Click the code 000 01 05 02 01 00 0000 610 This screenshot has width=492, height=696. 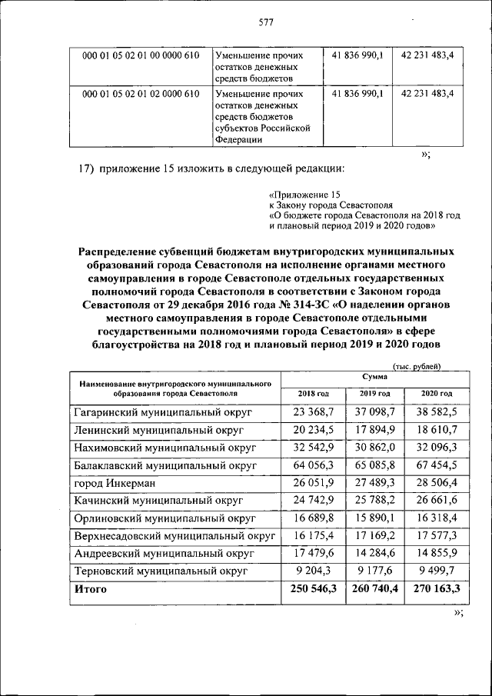coord(141,56)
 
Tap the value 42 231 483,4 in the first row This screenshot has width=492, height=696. coord(427,56)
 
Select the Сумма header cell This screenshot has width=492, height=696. coord(374,377)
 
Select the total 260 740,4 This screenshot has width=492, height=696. coord(372,590)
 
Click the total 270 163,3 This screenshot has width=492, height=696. coord(434,590)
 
